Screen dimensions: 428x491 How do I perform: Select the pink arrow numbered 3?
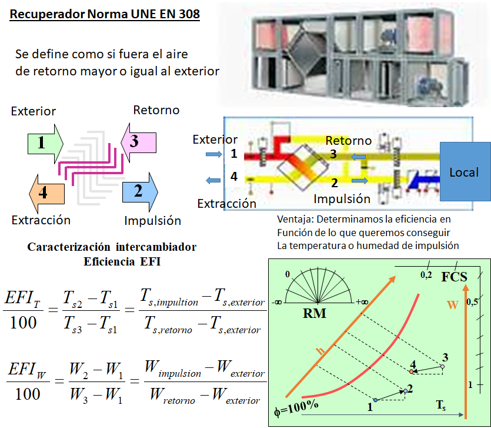pos(138,142)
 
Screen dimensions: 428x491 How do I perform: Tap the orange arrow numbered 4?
pos(46,193)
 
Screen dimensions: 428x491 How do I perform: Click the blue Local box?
pos(465,172)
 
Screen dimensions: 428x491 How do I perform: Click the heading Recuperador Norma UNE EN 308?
pos(105,14)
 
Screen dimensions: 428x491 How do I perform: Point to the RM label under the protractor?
pos(315,314)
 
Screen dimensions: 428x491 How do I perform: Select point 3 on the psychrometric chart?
pos(443,366)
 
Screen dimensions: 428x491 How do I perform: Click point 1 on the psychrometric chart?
pos(375,400)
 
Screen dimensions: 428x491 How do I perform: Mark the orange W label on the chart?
pos(452,305)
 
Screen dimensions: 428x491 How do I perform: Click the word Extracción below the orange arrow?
pos(41,220)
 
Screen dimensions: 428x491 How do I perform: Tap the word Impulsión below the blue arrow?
pos(152,221)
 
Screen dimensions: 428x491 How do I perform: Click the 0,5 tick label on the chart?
pos(472,302)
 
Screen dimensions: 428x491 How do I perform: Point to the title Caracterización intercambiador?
pos(112,247)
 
